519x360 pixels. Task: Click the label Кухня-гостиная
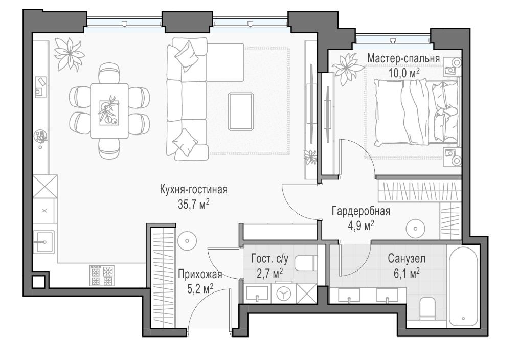(x=194, y=190)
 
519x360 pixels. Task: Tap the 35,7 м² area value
(x=194, y=205)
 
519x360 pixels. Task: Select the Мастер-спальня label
(x=403, y=59)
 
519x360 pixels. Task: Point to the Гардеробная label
(x=361, y=211)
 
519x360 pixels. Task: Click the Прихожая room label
(x=200, y=275)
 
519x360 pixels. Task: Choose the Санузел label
(x=407, y=259)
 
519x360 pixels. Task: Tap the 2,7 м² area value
(x=270, y=273)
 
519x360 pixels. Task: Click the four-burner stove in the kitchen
(x=102, y=275)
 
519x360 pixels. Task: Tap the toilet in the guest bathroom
(x=306, y=263)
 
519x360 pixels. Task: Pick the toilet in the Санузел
(x=427, y=308)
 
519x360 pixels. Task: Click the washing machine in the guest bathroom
(x=284, y=294)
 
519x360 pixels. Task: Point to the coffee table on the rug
(x=241, y=111)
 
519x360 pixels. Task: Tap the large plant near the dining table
(x=69, y=54)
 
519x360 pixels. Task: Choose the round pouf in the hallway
(x=187, y=240)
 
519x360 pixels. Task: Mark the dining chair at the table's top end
(x=109, y=73)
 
